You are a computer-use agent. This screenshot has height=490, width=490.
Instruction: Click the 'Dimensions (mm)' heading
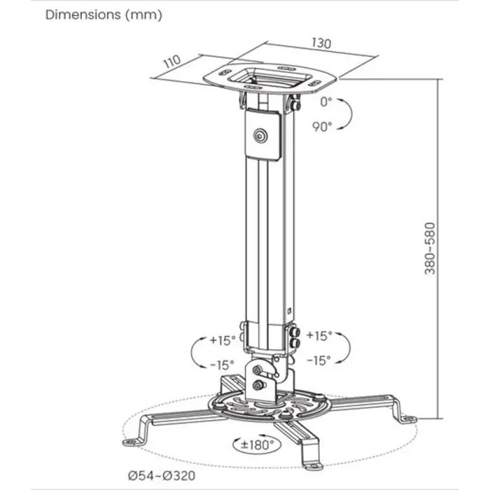point(104,15)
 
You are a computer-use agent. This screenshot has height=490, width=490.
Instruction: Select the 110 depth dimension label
point(171,62)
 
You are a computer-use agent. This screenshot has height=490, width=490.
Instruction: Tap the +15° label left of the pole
point(223,341)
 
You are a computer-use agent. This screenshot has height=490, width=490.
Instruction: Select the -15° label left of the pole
point(222,365)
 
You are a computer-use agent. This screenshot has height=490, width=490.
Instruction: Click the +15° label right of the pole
point(318,336)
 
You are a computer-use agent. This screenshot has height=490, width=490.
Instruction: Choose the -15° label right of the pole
point(318,360)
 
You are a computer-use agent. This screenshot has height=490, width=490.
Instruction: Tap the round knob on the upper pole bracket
point(262,136)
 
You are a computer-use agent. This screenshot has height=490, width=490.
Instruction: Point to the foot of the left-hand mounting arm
point(134,441)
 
